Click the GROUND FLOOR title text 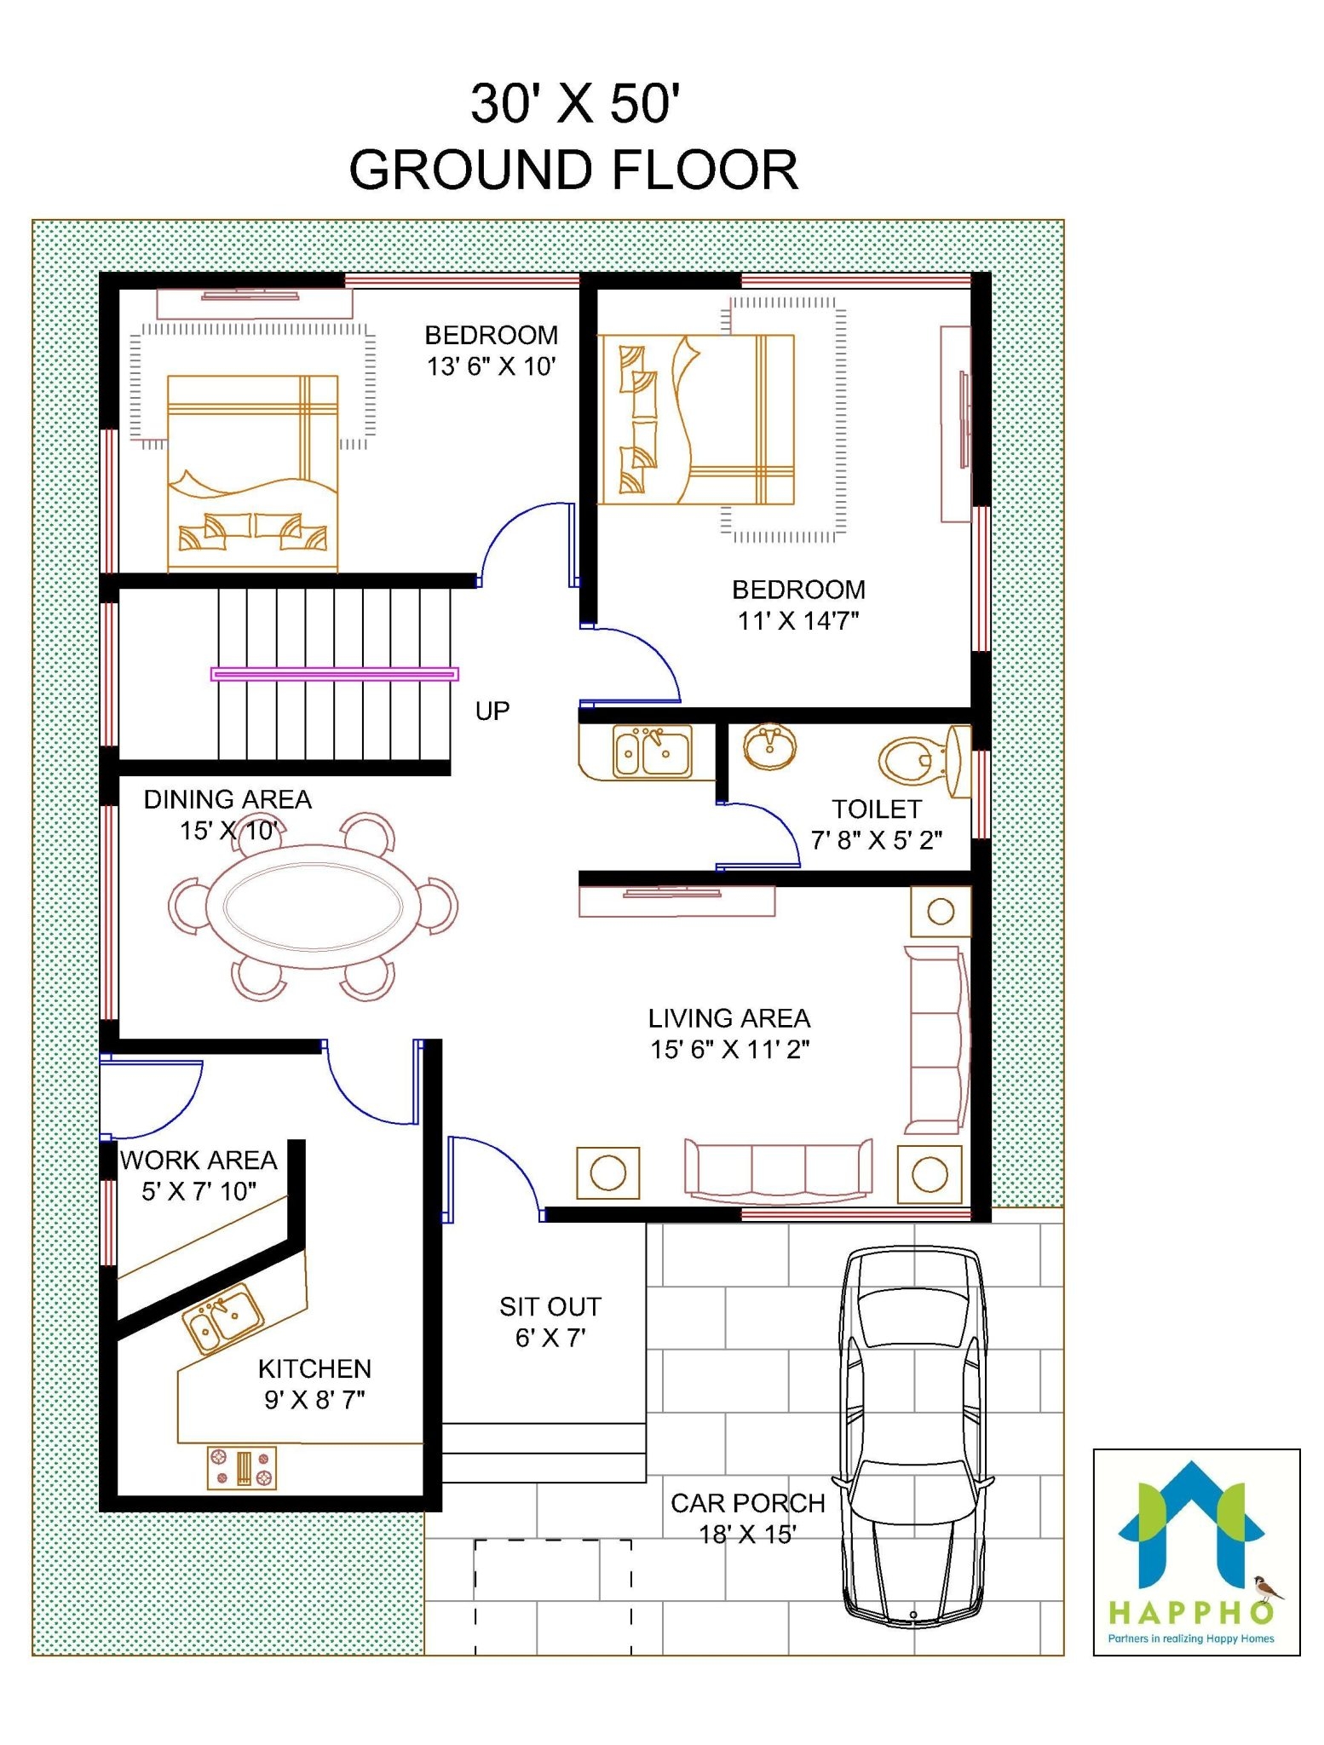(x=573, y=170)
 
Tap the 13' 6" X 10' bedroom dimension (x=492, y=366)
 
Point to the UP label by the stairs (x=492, y=711)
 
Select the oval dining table (x=314, y=907)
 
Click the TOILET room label (x=877, y=809)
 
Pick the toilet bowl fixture (x=916, y=759)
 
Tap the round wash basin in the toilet (x=770, y=747)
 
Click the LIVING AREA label (x=729, y=1018)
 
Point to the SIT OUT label (x=550, y=1306)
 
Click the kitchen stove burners (x=242, y=1467)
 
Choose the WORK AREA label (x=199, y=1160)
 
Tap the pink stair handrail (x=335, y=674)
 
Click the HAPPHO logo (x=1195, y=1551)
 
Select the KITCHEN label (x=314, y=1368)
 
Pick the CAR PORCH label (x=747, y=1503)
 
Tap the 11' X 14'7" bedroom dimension (x=798, y=620)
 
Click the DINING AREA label (x=227, y=799)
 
